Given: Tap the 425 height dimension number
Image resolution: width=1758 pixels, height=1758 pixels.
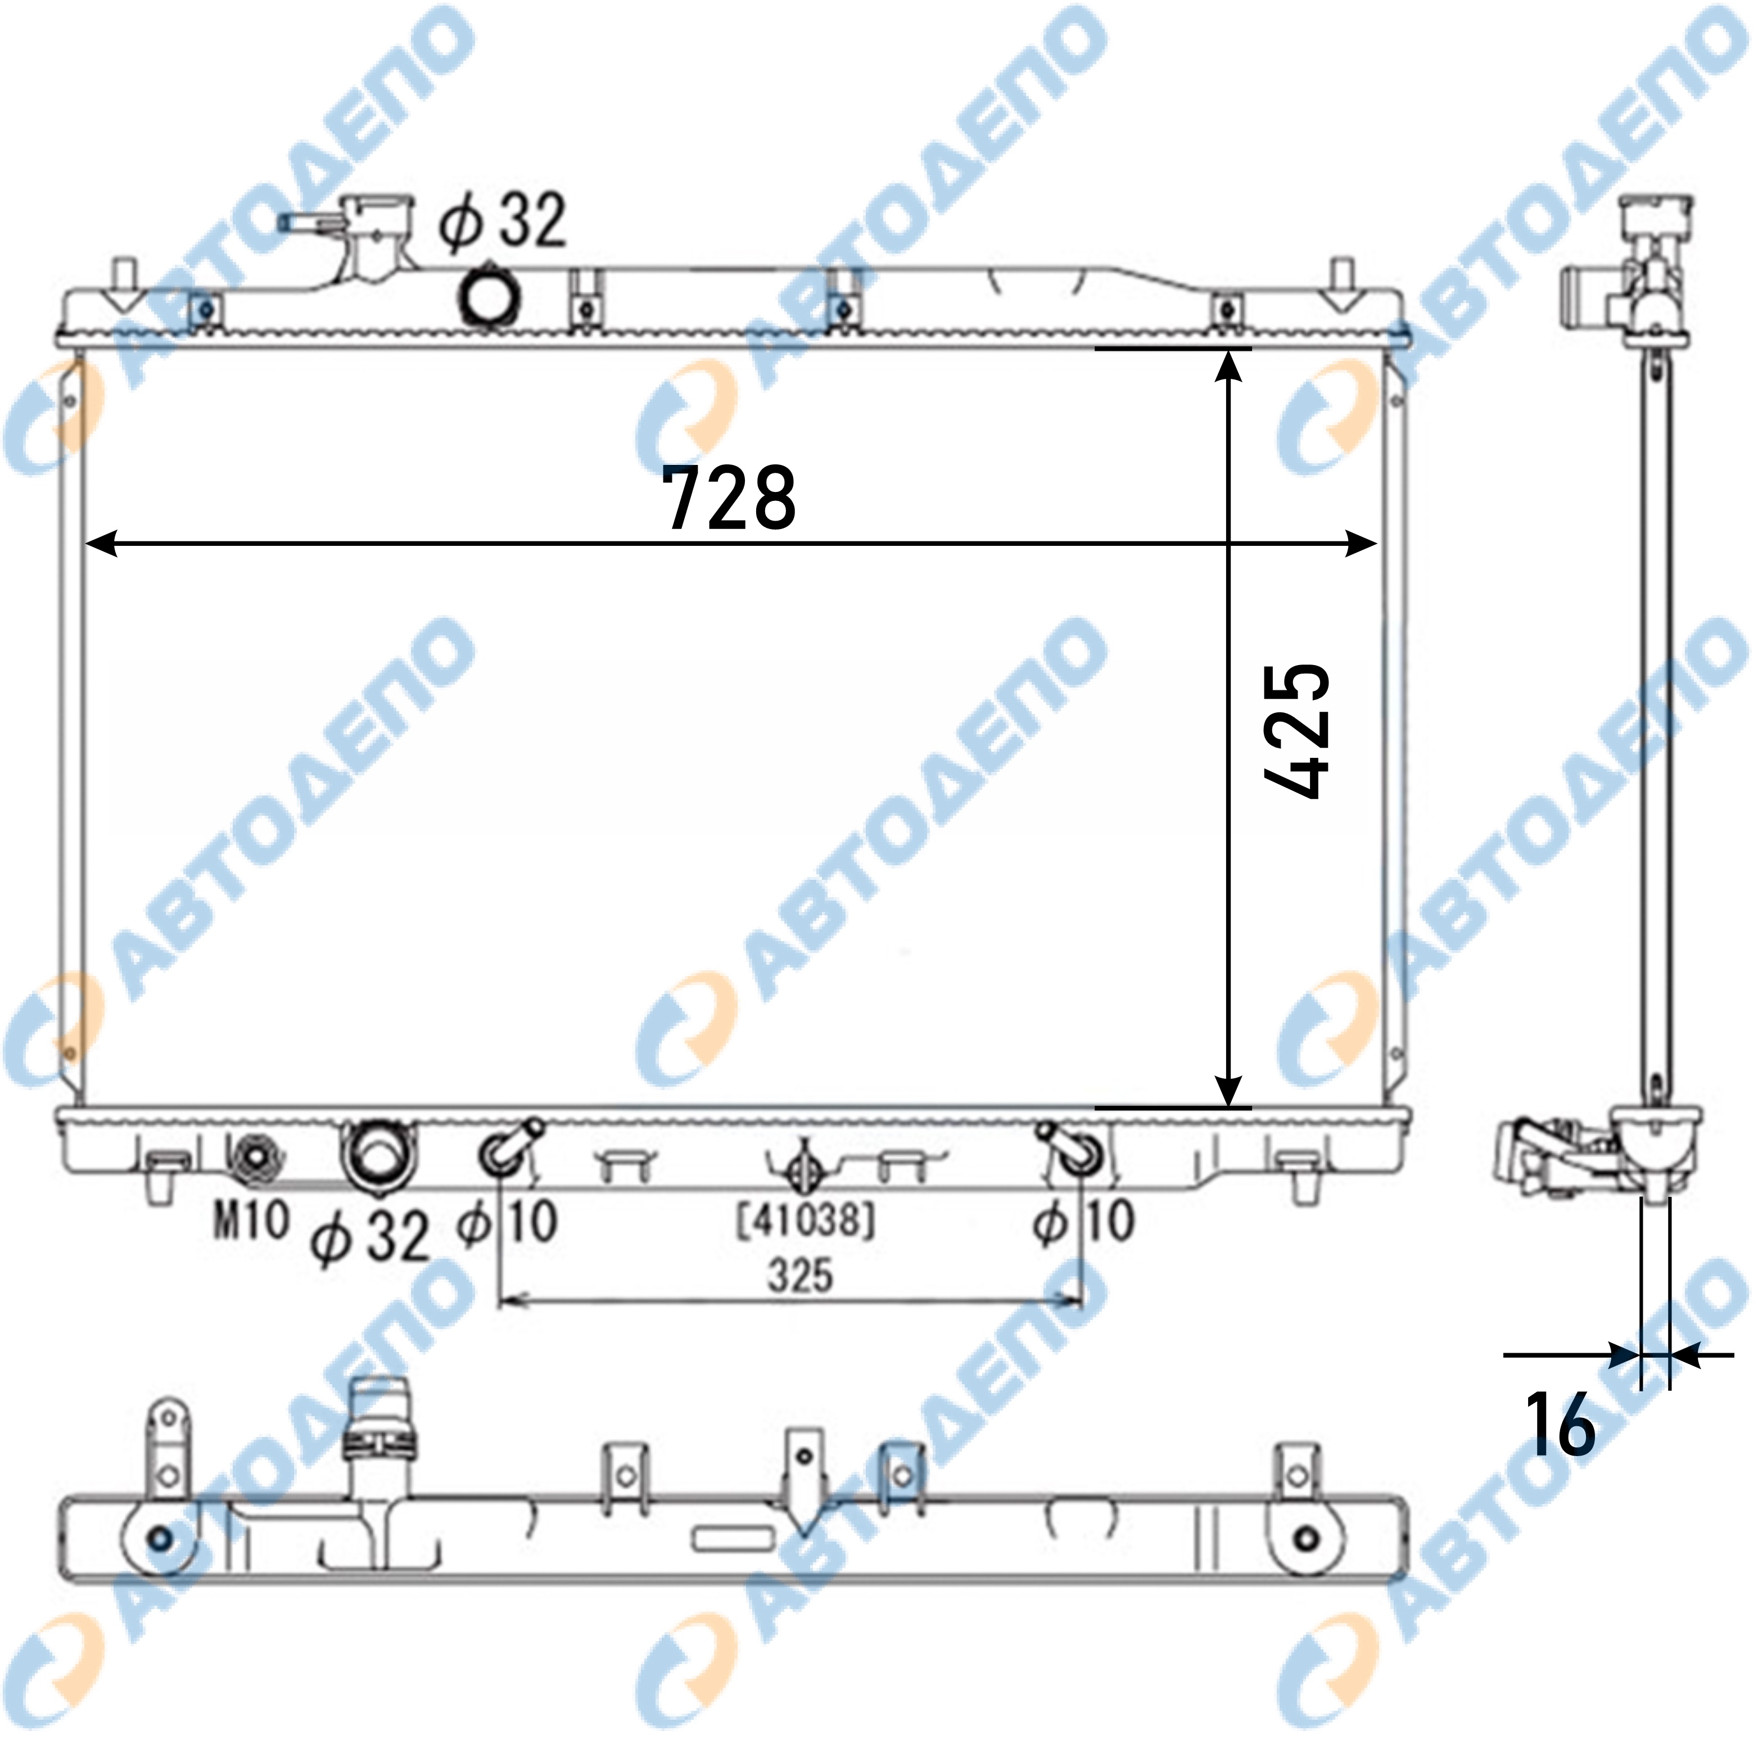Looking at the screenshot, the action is click(x=1296, y=731).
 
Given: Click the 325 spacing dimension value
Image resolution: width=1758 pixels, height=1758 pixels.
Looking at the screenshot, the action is click(x=801, y=1275).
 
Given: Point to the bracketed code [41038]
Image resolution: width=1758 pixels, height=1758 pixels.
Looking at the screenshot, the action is click(x=805, y=1220).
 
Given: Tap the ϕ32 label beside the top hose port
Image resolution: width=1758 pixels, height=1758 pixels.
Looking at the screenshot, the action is click(x=502, y=220).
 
